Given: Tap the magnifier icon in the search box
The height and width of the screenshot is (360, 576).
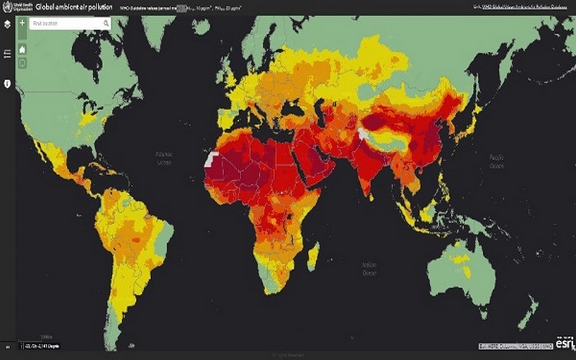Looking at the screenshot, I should tap(106, 24).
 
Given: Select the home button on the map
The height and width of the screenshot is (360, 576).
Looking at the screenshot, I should tap(23, 49).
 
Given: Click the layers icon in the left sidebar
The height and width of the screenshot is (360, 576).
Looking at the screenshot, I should tap(7, 24).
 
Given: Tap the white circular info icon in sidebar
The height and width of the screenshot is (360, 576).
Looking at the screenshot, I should tap(7, 84).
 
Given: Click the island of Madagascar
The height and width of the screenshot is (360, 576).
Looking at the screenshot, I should tap(313, 256).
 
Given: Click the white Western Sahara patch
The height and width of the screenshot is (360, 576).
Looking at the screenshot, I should tap(210, 159).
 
